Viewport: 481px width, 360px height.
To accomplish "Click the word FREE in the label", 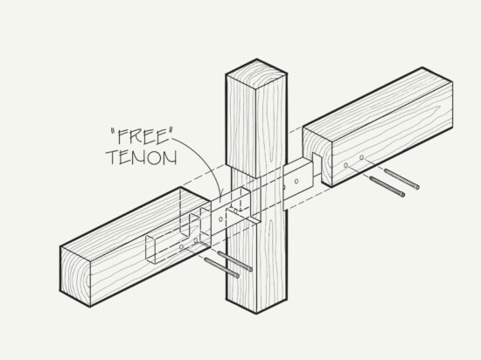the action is point(141,136).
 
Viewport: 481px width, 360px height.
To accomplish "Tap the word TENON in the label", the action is point(142,157).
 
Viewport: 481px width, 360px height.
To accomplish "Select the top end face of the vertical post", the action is point(256,74).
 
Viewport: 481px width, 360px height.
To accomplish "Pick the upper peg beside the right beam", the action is point(402,179).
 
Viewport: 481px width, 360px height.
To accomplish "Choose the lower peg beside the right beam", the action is point(387,187).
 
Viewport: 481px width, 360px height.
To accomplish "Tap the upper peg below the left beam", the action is point(235,261).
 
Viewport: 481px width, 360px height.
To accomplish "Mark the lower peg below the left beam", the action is point(221,267).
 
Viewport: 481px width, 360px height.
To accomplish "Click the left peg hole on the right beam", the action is point(346,165).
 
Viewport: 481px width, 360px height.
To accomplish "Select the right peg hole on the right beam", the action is point(362,157).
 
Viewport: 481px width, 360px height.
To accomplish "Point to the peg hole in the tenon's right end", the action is point(296,182).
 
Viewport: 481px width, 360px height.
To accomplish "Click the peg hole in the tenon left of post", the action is point(220,219).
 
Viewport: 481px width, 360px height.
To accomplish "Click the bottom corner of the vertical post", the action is point(256,314).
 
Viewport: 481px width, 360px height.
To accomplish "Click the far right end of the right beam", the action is point(452,105).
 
